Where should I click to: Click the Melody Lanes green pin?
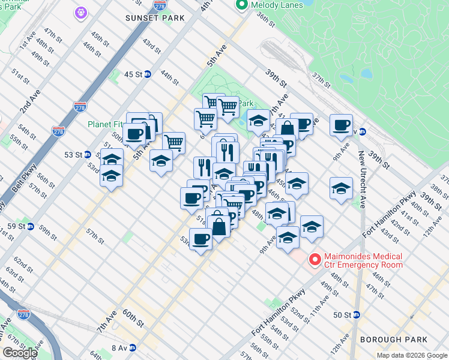pyautogui.click(x=242, y=5)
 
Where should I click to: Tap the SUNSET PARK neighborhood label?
pyautogui.click(x=155, y=18)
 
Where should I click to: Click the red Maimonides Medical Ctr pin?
pyautogui.click(x=314, y=260)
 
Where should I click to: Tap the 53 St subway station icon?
pyautogui.click(x=87, y=155)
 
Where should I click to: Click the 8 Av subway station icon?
pyautogui.click(x=133, y=347)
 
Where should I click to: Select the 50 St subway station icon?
pyautogui.click(x=356, y=314)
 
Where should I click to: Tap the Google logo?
pyautogui.click(x=20, y=353)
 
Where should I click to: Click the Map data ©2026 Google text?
pyautogui.click(x=412, y=355)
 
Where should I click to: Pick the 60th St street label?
pyautogui.click(x=133, y=318)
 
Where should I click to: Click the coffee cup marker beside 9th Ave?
pyautogui.click(x=341, y=125)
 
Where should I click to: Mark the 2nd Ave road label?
pyautogui.click(x=26, y=104)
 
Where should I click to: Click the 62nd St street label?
pyautogui.click(x=23, y=263)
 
